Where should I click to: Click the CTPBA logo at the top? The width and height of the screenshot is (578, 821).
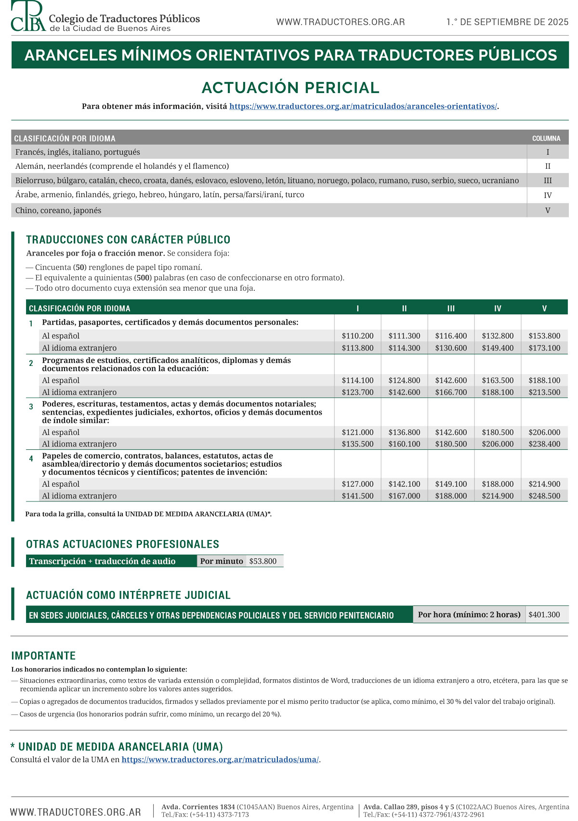click(x=29, y=16)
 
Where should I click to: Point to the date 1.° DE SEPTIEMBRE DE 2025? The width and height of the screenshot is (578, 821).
click(x=507, y=22)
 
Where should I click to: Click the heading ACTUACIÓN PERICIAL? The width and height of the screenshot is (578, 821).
click(x=290, y=88)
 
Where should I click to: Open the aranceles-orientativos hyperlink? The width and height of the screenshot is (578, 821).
click(x=363, y=107)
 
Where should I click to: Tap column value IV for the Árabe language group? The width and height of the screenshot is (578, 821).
click(x=547, y=195)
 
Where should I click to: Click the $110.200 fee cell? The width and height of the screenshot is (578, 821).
click(x=357, y=336)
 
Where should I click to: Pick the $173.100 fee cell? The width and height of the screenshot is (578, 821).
click(x=544, y=348)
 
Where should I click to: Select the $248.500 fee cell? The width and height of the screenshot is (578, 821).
click(x=544, y=496)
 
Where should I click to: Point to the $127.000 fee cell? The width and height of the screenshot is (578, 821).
click(x=357, y=484)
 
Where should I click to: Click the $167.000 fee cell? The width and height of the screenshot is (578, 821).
click(x=404, y=496)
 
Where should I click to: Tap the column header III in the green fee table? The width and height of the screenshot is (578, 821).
click(x=451, y=309)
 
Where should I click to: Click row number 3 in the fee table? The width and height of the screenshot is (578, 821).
click(x=31, y=407)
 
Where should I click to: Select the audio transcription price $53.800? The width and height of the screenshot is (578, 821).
click(x=263, y=561)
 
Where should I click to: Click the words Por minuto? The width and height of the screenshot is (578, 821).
click(x=222, y=561)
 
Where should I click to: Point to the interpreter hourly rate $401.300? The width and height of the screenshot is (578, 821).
click(x=544, y=615)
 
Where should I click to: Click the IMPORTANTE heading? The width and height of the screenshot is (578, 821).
click(x=43, y=656)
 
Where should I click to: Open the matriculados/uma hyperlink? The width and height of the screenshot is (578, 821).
click(x=220, y=760)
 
